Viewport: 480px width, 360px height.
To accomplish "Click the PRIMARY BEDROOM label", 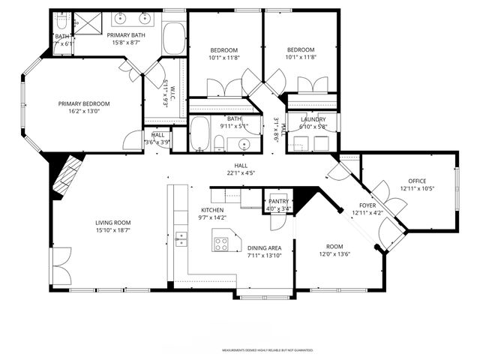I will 85,104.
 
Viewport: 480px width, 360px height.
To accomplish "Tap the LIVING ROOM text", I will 112,222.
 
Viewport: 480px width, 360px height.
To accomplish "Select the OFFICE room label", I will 417,181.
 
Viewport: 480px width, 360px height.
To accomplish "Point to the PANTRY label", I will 278,201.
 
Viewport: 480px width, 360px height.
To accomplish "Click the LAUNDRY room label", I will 313,119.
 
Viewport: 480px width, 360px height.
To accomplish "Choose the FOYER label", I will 367,204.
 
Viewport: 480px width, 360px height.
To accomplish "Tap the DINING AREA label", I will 265,247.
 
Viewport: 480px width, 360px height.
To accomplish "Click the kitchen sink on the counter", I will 181,238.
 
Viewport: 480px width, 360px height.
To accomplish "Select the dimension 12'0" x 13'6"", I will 334,253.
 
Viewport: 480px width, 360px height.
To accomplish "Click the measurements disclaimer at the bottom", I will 266,350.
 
